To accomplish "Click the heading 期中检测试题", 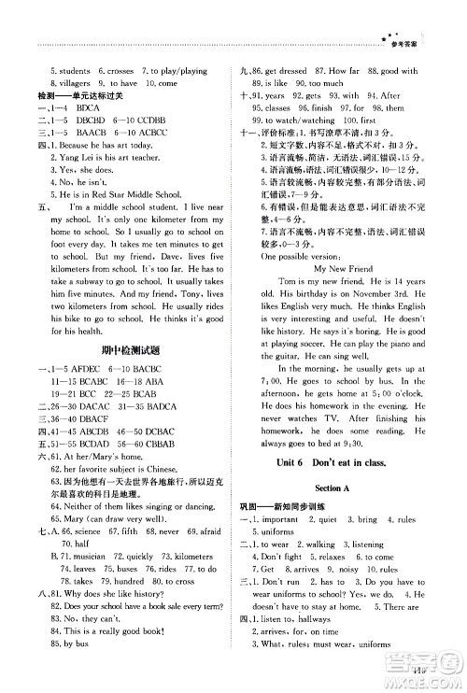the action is pyautogui.click(x=128, y=352).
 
